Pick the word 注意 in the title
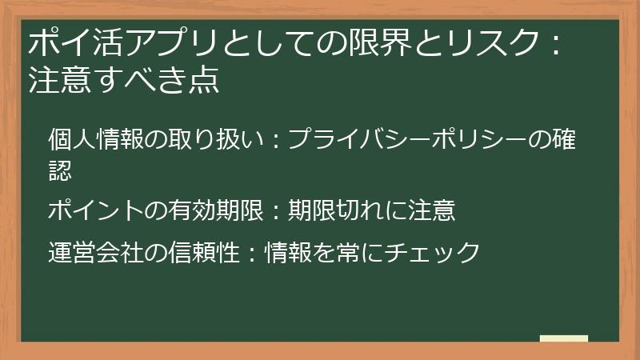click(x=58, y=81)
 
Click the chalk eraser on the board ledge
click(x=564, y=338)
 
